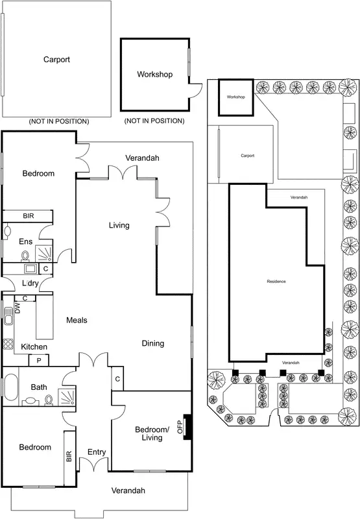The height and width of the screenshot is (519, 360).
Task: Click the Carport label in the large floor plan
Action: coord(56,60)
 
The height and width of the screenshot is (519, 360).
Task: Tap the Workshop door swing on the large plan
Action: coord(193,91)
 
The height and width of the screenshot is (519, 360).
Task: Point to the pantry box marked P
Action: coord(39,361)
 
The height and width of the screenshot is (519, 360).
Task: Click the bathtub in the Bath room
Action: coord(10,387)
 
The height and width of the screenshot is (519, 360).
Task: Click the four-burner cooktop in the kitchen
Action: coord(8,345)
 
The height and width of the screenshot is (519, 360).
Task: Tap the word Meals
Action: coord(77,320)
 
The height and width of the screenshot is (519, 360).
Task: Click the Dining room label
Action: coord(153,343)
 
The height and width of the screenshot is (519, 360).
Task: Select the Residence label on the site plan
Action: coord(276,300)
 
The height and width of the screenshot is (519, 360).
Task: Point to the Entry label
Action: coord(96,452)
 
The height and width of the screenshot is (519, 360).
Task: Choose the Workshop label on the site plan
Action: coord(235,97)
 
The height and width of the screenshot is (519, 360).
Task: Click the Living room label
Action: coord(119,225)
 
